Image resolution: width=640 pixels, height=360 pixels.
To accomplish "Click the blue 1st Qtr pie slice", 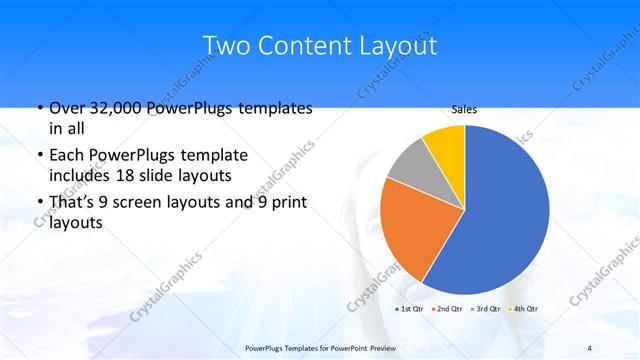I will (505, 210).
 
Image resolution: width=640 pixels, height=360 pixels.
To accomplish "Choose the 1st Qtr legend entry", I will (411, 308).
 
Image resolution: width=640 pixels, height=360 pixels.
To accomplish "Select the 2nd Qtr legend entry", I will (448, 308).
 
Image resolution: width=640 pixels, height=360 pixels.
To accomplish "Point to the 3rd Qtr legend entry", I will (486, 308).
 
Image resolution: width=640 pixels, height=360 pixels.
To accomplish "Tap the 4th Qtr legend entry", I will (523, 308).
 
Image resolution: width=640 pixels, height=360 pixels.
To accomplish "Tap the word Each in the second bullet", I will (66, 156).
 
